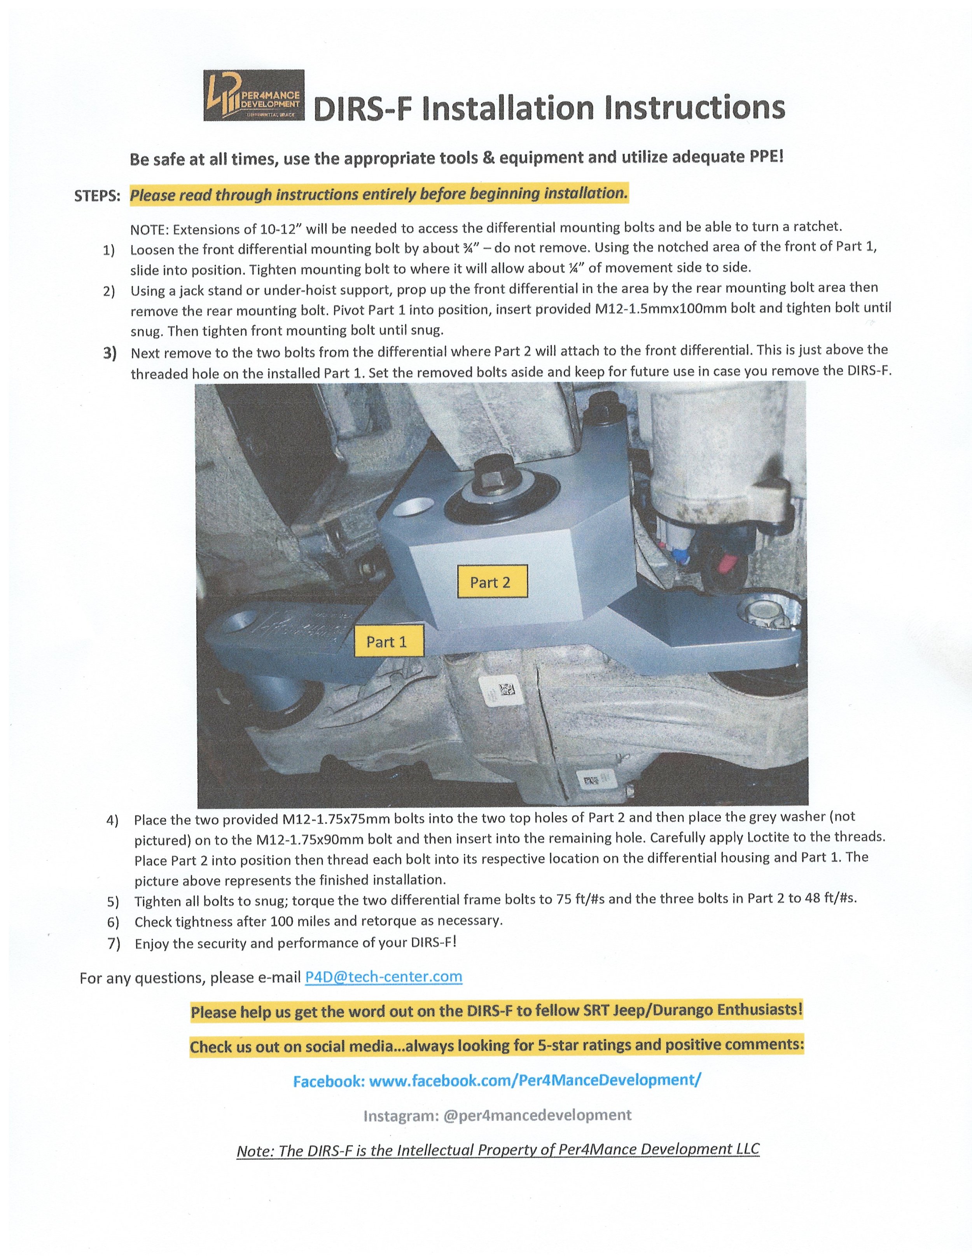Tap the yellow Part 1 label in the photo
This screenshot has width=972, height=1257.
pyautogui.click(x=387, y=642)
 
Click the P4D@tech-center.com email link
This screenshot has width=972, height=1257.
pyautogui.click(x=383, y=977)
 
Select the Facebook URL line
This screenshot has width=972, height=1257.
pyautogui.click(x=496, y=1080)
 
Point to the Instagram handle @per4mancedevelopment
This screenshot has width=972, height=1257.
pyautogui.click(x=537, y=1116)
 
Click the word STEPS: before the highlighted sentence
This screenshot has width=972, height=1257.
pyautogui.click(x=97, y=196)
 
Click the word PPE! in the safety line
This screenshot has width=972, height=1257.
pyautogui.click(x=766, y=157)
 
